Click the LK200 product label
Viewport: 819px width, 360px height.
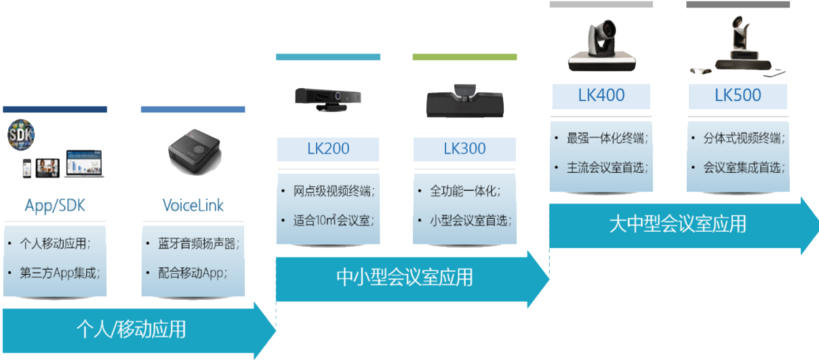(x=327, y=148)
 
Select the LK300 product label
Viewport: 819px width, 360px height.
(x=464, y=148)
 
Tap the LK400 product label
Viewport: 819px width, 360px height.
(x=601, y=96)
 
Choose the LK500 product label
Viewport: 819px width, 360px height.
(x=738, y=96)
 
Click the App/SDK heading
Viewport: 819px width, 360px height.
(x=55, y=205)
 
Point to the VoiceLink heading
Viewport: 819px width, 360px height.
(x=193, y=205)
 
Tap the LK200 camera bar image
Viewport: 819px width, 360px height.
(x=328, y=98)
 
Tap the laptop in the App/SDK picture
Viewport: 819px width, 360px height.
(x=84, y=167)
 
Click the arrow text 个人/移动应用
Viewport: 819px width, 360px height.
(x=131, y=329)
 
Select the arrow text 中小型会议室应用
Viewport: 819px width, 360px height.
(x=405, y=277)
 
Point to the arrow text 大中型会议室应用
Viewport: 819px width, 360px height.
(x=677, y=224)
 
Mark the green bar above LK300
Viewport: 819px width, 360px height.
(x=464, y=57)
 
